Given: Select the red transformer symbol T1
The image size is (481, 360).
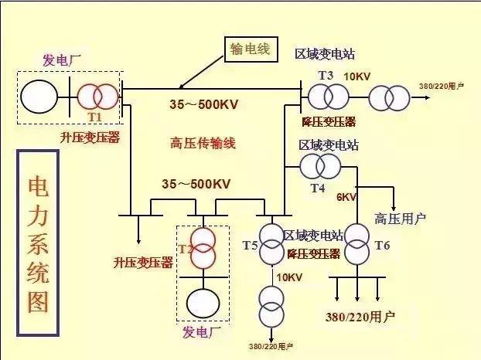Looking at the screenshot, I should tap(98, 95).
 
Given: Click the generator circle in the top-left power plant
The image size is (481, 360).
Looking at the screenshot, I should tap(38, 96).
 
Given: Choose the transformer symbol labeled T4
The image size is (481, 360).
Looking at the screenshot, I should tap(319, 165).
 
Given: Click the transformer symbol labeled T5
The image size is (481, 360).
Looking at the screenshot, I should tap(271, 243).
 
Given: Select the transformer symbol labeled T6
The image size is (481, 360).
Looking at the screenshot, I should tap(356, 243).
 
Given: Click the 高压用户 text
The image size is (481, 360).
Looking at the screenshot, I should tap(400, 219).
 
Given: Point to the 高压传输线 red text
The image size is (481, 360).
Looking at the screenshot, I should tap(203, 143).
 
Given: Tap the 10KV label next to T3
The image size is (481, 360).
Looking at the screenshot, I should tap(357, 76).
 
